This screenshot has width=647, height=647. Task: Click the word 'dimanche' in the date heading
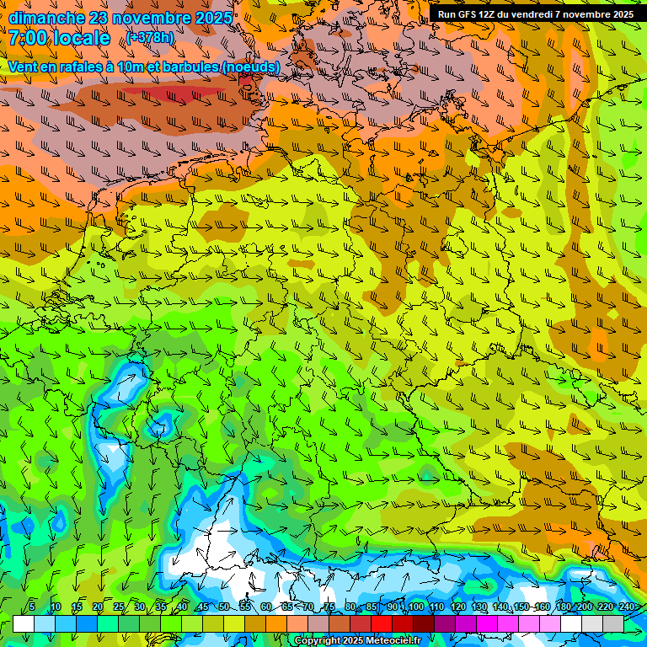(46, 17)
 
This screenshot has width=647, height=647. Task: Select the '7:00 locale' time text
(59, 39)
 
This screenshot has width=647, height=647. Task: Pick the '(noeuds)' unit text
(251, 67)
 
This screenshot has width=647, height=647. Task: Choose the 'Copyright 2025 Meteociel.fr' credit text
(358, 641)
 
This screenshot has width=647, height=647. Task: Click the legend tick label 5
(32, 607)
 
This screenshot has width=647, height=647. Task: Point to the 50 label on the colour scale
(224, 607)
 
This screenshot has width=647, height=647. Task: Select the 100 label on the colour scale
(415, 607)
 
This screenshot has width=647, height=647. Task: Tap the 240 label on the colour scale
(627, 607)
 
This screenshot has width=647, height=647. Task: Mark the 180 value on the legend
(563, 607)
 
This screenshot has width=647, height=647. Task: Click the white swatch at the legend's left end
(24, 623)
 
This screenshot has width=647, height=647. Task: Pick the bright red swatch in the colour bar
(382, 623)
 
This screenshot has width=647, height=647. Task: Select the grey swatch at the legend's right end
(613, 623)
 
